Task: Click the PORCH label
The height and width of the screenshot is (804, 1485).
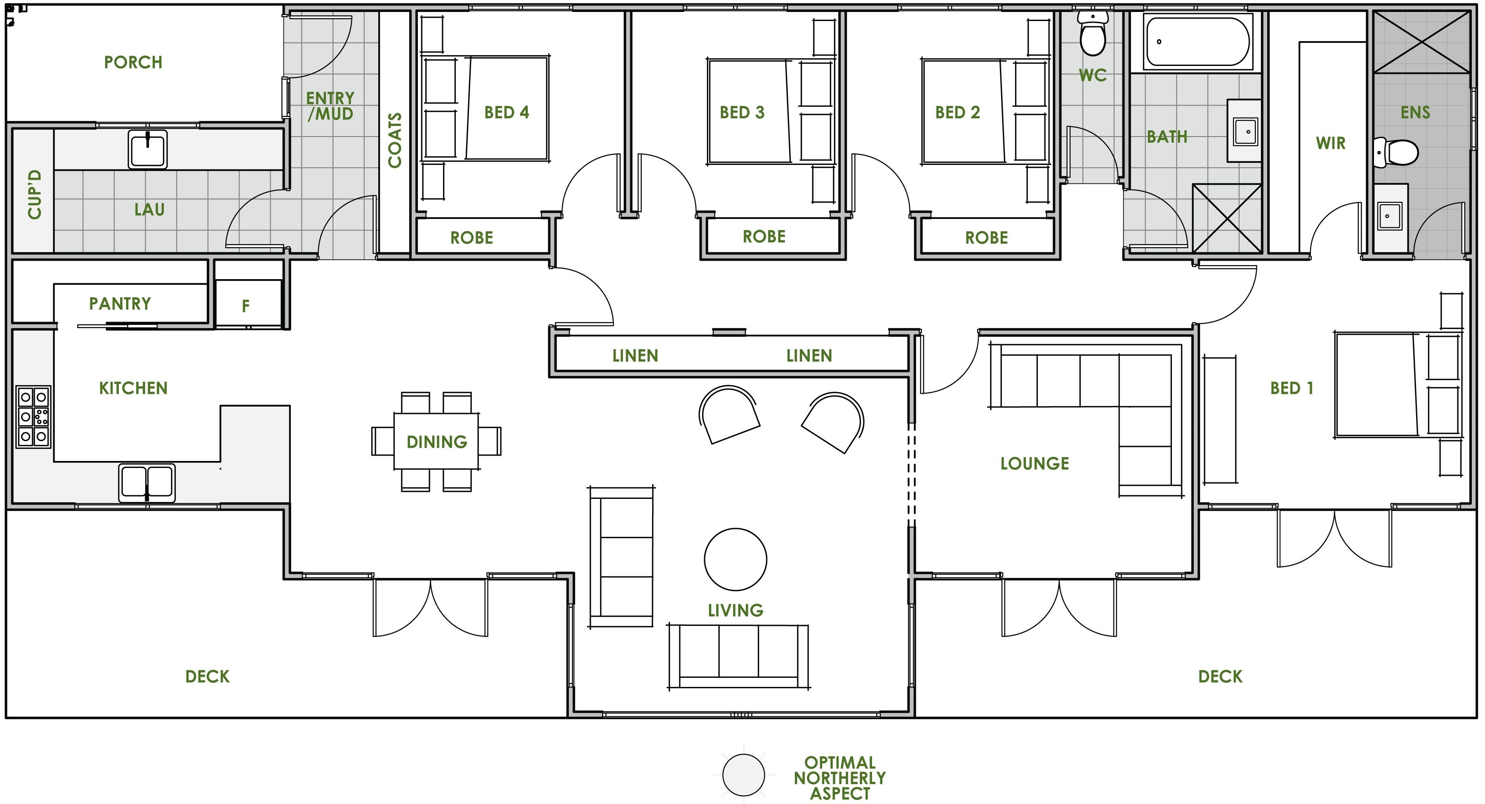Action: [x=133, y=62]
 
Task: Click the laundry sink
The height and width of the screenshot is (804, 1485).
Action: [x=148, y=150]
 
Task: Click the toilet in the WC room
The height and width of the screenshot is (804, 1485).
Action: [x=1092, y=35]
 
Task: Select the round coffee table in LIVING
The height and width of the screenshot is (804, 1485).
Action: [x=735, y=559]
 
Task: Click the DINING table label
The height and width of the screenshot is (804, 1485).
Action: [x=436, y=442]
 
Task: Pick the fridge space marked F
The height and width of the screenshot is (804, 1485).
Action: [x=246, y=306]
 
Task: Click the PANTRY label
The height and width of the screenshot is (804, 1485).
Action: [x=120, y=304]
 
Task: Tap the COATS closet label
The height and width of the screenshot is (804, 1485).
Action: [x=395, y=141]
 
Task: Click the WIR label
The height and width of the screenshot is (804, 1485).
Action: [x=1330, y=143]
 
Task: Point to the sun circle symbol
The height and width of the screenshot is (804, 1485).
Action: [x=743, y=775]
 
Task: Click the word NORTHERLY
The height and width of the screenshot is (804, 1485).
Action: [x=839, y=778]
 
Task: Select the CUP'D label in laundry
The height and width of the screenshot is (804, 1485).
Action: [x=35, y=194]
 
